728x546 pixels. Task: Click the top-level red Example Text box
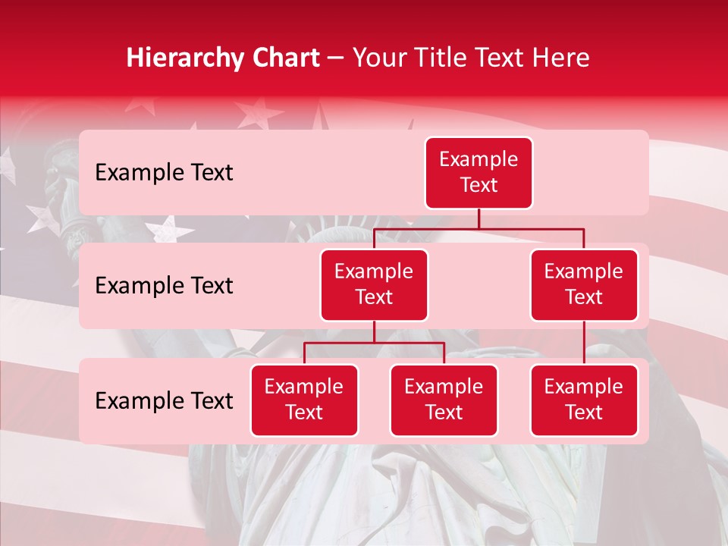[479, 173]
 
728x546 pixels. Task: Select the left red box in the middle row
[374, 285]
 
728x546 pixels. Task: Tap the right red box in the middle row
[584, 285]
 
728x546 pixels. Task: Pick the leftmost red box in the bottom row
[304, 400]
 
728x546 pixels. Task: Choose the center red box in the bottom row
[444, 400]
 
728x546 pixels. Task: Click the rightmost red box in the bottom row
[584, 400]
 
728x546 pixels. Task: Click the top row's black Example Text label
[164, 173]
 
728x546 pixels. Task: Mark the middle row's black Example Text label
[164, 286]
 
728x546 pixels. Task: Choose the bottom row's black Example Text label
[164, 401]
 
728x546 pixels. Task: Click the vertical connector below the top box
[479, 218]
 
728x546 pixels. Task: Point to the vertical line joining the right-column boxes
[584, 343]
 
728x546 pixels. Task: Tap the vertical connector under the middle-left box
[374, 332]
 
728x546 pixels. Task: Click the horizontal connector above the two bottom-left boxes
[374, 343]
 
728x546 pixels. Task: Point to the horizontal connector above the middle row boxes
[479, 228]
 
